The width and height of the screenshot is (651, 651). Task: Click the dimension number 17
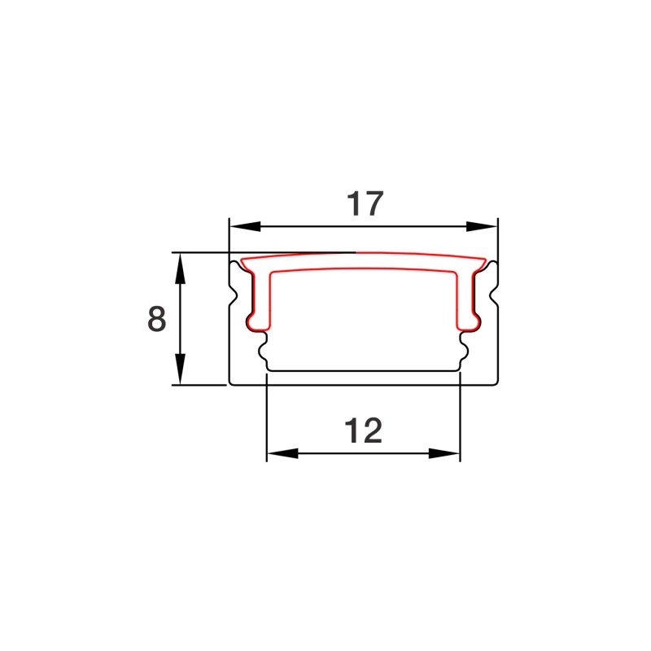coord(364,204)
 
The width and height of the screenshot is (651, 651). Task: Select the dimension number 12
coord(364,430)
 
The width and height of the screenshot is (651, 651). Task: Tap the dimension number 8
coord(157,319)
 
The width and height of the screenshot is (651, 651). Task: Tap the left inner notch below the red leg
coord(263,352)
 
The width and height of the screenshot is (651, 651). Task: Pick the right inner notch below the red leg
coord(465,352)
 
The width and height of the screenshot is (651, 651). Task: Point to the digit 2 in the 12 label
coord(373,430)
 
